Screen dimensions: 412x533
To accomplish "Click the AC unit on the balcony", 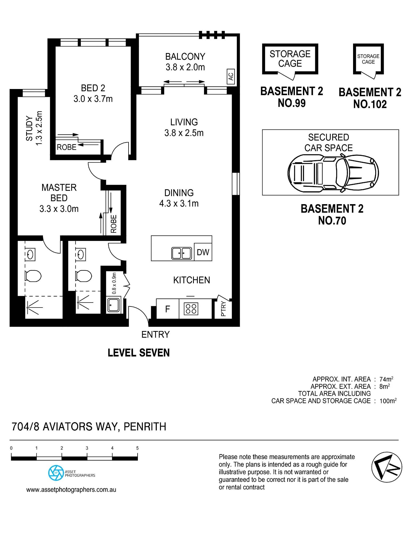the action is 231,76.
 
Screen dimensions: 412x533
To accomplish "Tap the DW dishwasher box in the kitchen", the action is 203,252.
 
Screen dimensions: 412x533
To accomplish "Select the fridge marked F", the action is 167,309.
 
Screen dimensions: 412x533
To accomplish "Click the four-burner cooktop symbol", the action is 191,309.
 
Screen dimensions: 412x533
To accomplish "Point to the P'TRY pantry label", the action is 223,309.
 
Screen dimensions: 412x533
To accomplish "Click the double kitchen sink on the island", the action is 182,253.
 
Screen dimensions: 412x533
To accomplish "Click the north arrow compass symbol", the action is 387,467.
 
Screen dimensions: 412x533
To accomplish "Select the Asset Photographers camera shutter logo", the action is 56,473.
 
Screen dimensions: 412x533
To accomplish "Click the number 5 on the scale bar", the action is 137,448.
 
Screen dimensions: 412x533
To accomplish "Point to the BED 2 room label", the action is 93,88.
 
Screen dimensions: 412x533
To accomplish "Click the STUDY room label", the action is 29,128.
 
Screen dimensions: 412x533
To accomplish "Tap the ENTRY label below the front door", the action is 155,334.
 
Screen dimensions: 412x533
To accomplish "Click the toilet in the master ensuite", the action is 33,276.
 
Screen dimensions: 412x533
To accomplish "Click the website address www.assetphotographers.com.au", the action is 71,490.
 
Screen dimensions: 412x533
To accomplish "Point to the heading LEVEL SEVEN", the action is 139,353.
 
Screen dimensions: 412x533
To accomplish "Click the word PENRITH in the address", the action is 145,427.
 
